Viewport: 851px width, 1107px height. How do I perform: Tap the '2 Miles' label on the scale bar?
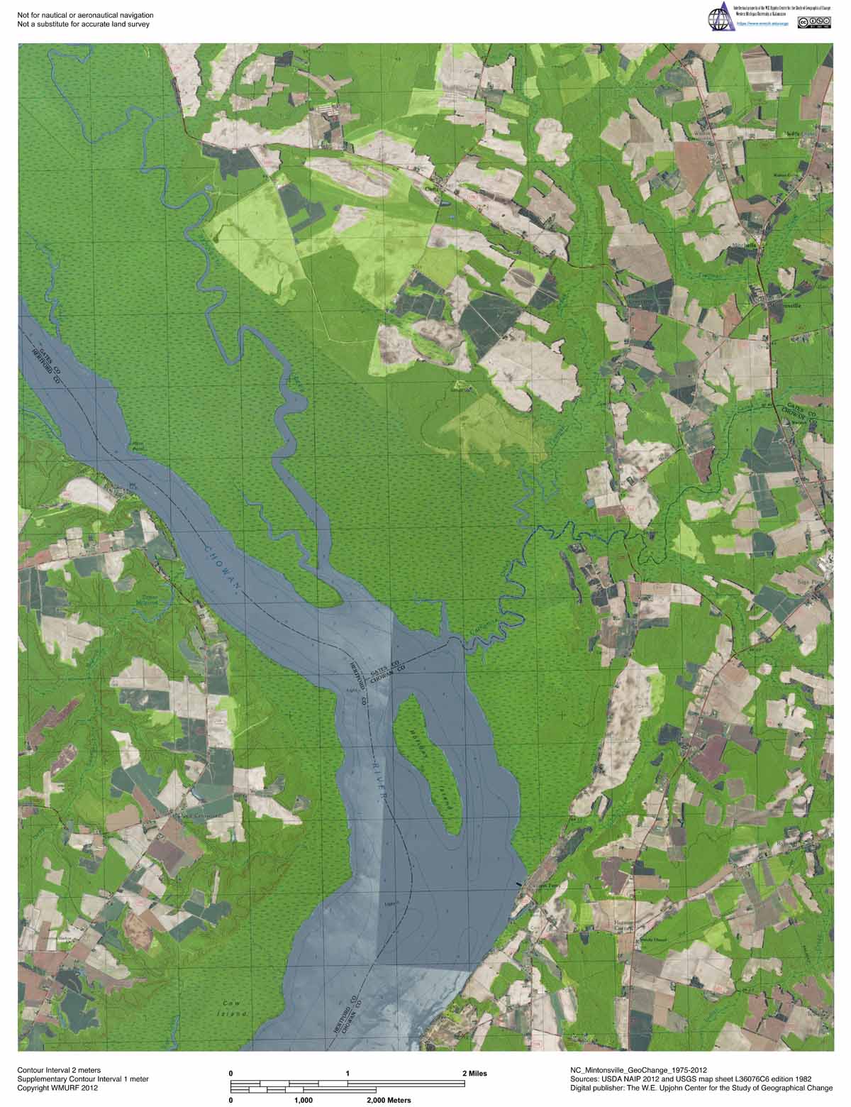[475, 1074]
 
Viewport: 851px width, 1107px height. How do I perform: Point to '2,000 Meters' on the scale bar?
[389, 1101]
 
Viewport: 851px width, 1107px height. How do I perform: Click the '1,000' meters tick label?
[303, 1101]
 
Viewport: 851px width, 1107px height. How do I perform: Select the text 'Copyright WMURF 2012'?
[57, 1088]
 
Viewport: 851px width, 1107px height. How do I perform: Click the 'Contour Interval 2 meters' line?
[59, 1069]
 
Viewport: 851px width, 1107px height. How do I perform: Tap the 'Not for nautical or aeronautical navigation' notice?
[85, 15]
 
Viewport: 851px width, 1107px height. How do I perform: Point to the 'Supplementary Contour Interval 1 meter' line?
[83, 1079]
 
